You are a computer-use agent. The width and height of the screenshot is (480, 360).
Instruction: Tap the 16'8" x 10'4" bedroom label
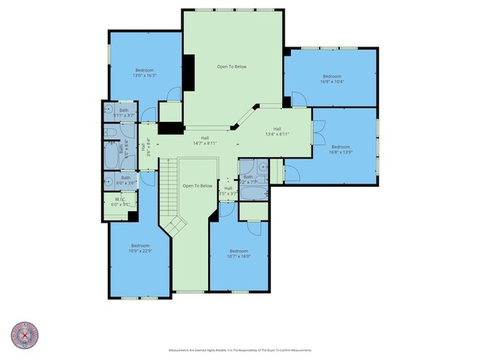[x=332, y=79]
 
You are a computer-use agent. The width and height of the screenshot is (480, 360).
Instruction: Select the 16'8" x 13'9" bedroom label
[x=341, y=149]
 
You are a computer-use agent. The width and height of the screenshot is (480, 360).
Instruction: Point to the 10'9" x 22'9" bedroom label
[x=140, y=248]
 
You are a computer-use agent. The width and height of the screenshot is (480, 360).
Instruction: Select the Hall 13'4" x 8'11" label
[x=277, y=131]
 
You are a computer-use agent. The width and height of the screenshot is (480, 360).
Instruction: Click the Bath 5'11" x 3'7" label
[x=124, y=113]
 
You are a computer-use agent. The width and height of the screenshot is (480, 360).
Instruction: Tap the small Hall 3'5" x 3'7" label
[x=228, y=191]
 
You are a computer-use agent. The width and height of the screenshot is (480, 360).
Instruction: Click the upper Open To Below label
[x=231, y=66]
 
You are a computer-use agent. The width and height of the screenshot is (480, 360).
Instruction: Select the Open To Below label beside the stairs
[x=197, y=186]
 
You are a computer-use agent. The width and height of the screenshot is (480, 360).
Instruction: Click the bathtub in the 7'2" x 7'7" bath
[x=248, y=193]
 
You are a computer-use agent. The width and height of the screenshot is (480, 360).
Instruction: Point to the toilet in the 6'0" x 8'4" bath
[x=109, y=133]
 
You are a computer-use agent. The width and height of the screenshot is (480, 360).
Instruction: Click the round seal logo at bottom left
[x=24, y=336]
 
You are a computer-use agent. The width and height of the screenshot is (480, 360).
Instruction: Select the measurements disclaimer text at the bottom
[x=240, y=350]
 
